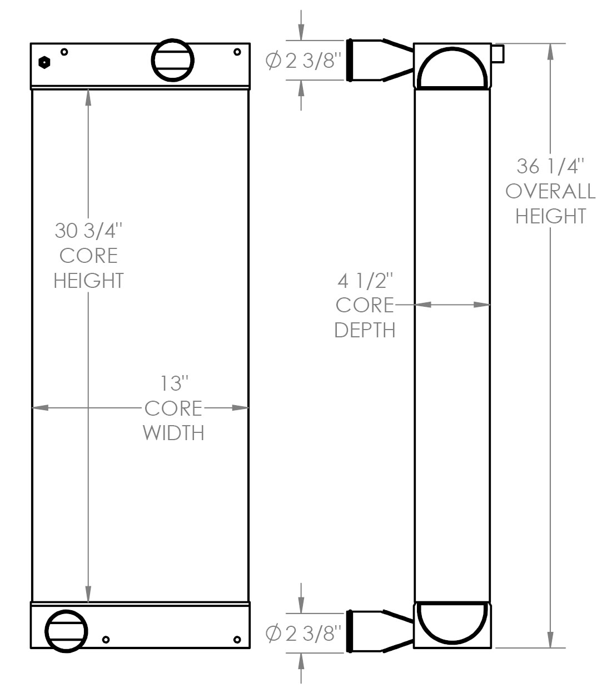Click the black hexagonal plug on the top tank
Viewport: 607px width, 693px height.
44,62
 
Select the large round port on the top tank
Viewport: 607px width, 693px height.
173,60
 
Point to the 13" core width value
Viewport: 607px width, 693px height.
174,383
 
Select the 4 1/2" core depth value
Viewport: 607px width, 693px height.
365,281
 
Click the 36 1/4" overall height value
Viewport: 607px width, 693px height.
550,166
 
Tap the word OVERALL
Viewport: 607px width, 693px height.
550,191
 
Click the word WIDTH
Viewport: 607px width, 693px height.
174,432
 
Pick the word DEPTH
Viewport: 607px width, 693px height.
365,330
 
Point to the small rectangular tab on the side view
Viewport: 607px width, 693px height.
497,53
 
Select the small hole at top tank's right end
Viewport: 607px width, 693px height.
237,52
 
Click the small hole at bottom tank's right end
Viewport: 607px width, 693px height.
237,639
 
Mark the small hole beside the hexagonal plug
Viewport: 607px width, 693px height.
64,52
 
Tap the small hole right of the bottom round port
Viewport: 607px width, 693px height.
106,640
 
